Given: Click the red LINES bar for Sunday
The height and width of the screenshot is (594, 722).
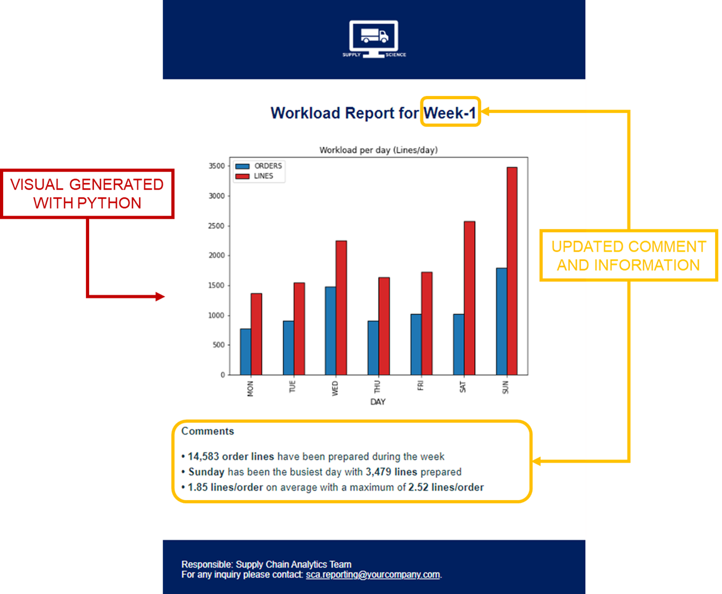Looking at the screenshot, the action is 512,271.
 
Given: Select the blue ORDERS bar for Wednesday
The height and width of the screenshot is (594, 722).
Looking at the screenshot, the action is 330,331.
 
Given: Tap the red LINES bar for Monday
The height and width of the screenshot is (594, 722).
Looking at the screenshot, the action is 256,334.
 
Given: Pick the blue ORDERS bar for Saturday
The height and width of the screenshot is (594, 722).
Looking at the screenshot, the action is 459,344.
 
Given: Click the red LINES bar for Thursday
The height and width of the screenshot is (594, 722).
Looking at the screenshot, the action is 384,326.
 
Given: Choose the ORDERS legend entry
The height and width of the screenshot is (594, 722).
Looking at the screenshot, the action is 259,166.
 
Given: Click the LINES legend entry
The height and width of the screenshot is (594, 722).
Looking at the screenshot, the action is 254,176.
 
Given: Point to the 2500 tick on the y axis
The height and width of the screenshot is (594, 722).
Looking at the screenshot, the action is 216,226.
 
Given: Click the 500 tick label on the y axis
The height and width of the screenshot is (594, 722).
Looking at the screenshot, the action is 218,345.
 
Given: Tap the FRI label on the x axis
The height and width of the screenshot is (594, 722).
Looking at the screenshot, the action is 420,385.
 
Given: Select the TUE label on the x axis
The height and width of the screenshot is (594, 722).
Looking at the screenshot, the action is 292,386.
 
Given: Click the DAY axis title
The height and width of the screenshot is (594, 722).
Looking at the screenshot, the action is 377,402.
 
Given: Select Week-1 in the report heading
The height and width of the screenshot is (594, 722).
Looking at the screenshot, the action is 450,112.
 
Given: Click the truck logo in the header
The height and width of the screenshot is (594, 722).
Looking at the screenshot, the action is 374,39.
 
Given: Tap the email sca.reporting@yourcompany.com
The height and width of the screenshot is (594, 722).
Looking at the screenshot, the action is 373,574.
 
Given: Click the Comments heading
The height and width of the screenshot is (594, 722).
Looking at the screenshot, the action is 207,431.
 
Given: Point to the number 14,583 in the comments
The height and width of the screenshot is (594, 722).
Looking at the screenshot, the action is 204,456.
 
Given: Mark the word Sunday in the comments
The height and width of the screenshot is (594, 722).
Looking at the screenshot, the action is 206,472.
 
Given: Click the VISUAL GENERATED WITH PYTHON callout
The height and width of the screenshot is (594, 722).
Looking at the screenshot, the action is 87,193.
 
